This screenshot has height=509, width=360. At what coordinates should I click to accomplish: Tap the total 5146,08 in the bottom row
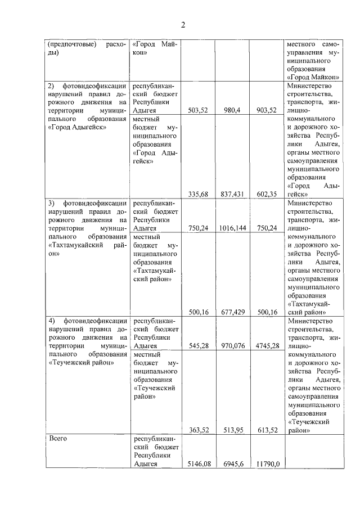[197, 465]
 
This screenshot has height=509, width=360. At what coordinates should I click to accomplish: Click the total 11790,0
[268, 465]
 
